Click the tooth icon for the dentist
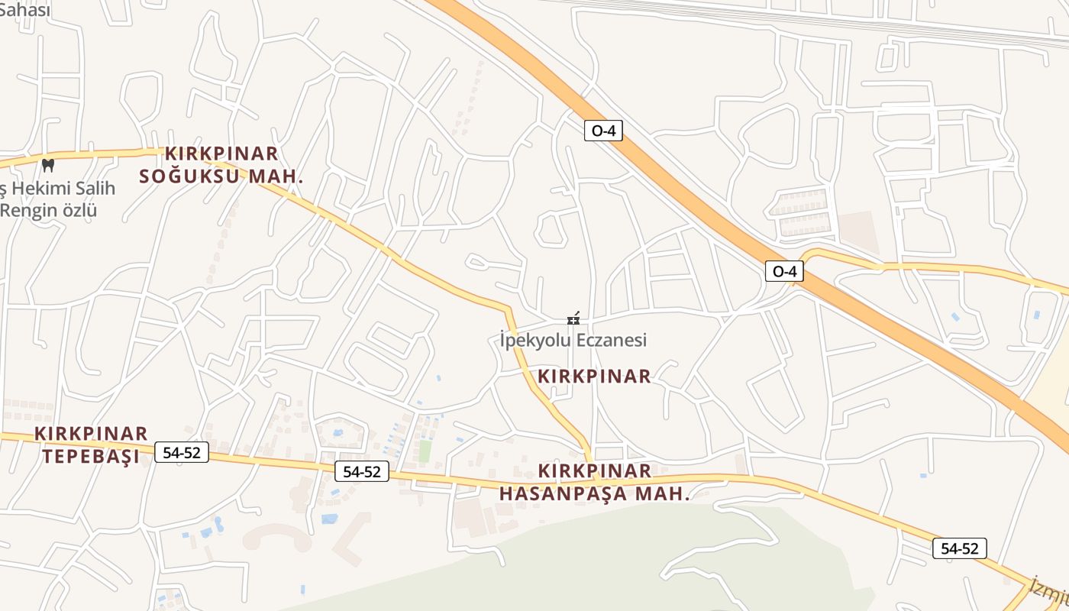(x=47, y=164)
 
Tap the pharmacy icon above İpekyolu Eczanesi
(x=573, y=318)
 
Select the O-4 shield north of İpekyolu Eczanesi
(x=603, y=131)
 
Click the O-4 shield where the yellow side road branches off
(x=784, y=271)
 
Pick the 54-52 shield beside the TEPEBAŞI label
(x=182, y=452)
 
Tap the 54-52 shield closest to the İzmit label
(x=959, y=548)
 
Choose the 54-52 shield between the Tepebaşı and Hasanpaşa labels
(x=362, y=471)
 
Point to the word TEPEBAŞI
(x=91, y=457)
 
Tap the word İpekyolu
(x=534, y=340)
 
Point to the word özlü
(x=79, y=210)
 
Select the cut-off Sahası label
(x=25, y=9)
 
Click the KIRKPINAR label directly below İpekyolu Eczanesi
(x=594, y=376)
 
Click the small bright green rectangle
(x=425, y=451)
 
